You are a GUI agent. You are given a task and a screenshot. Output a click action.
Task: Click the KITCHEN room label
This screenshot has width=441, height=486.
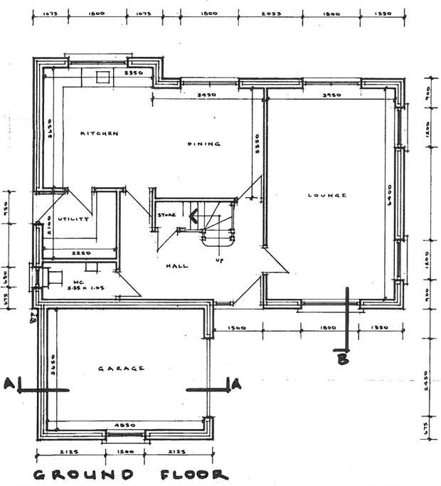pos(99,133)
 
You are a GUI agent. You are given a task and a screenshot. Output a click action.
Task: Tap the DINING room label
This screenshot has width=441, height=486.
pos(204,144)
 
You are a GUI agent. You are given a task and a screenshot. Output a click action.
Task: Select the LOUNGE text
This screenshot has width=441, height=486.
pos(327,195)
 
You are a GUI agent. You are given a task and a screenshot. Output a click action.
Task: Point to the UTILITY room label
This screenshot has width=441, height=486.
pos(73,219)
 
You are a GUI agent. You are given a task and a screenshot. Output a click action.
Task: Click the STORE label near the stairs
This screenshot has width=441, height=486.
pos(166,214)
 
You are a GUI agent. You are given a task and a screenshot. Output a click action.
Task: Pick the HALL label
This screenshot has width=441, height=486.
pos(177,265)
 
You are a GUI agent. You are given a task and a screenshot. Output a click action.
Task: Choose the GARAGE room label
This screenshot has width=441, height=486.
pos(121,368)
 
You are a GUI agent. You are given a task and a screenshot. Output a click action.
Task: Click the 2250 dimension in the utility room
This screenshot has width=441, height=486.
pos(80,253)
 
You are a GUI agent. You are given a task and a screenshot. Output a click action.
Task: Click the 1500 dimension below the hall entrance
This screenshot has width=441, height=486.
pos(238,328)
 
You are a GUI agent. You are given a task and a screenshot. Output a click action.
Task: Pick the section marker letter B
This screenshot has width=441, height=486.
pos(343,359)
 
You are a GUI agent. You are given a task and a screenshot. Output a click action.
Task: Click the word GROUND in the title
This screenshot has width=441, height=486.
pos(83,475)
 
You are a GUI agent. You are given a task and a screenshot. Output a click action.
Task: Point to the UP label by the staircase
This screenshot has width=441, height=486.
pos(219,260)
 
